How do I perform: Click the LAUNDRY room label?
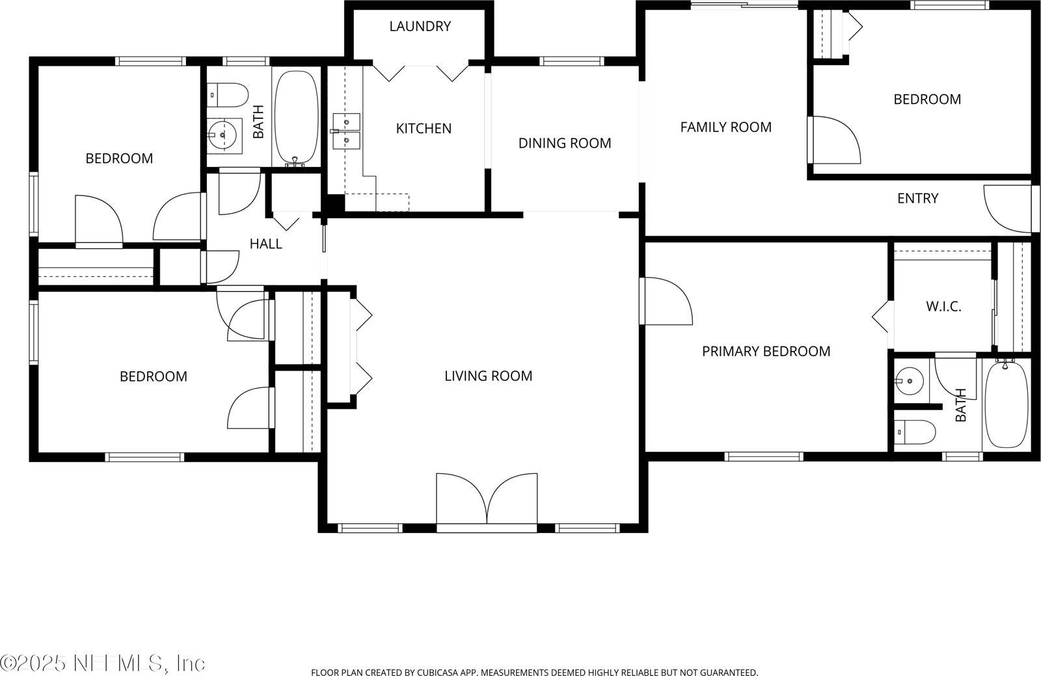pos(420,27)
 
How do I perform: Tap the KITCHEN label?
pos(424,129)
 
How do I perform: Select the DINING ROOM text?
pos(565,144)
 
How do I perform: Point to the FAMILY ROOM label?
pos(726,127)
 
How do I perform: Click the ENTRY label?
pos(917,199)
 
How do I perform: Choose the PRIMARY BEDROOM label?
pos(766,352)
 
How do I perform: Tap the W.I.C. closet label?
pos(943,306)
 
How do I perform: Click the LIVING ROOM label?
pos(488,376)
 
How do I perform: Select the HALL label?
pos(266,244)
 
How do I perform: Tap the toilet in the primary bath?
pos(915,432)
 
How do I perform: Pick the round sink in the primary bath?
pos(909,381)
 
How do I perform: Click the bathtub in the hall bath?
pos(297,118)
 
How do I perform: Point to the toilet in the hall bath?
pos(227,95)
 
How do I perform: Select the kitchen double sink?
pos(346,131)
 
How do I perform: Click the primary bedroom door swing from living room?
pos(666,301)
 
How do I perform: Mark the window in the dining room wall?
pos(572,61)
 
